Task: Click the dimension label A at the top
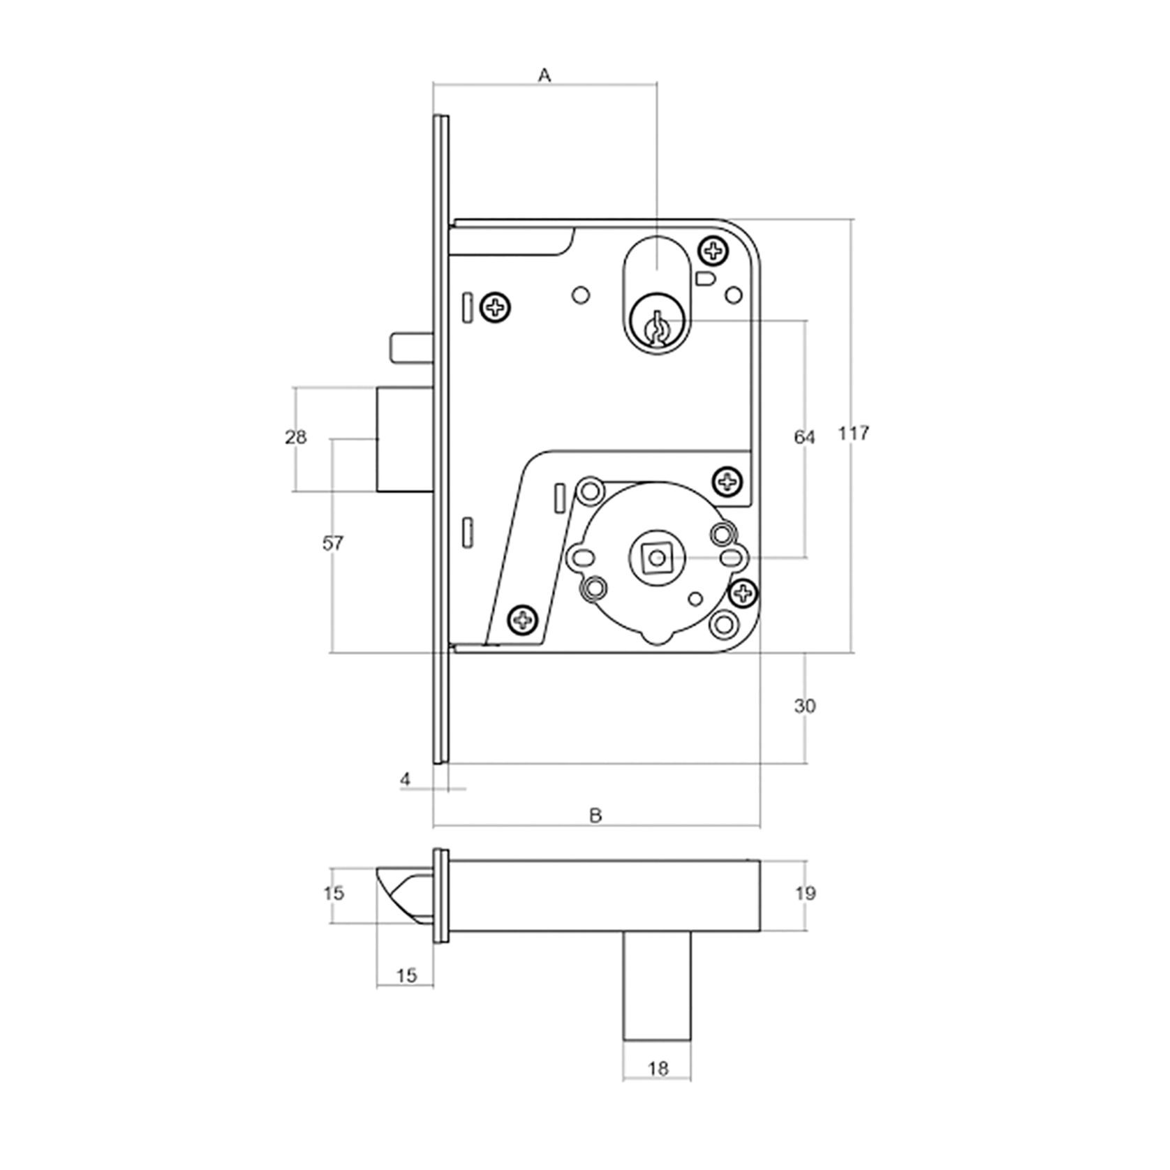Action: (545, 75)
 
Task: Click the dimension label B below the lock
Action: (595, 815)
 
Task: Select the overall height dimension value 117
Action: (853, 433)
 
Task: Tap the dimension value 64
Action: (804, 438)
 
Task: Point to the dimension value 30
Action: (804, 706)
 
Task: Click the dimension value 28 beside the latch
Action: (295, 437)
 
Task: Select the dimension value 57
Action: (333, 542)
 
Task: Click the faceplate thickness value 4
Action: (406, 779)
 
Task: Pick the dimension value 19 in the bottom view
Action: (805, 893)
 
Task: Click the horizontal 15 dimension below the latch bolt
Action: (406, 975)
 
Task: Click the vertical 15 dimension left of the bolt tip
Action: (334, 893)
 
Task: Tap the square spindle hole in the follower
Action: (655, 558)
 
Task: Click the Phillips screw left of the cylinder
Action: (496, 306)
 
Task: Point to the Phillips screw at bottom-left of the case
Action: (523, 619)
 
